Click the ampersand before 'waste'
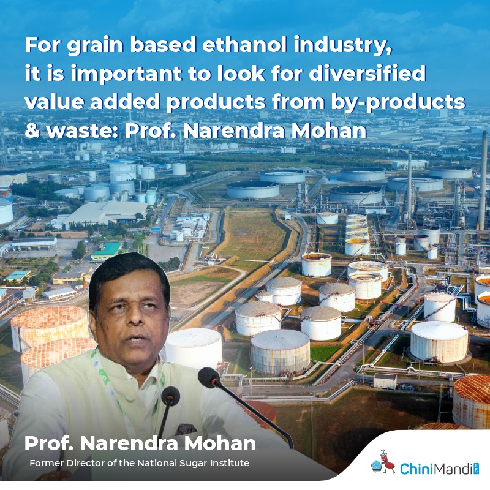32,130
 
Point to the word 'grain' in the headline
95,47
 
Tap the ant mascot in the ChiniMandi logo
383,462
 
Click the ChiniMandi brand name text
437,469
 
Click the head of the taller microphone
208,377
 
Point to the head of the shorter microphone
170,396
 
